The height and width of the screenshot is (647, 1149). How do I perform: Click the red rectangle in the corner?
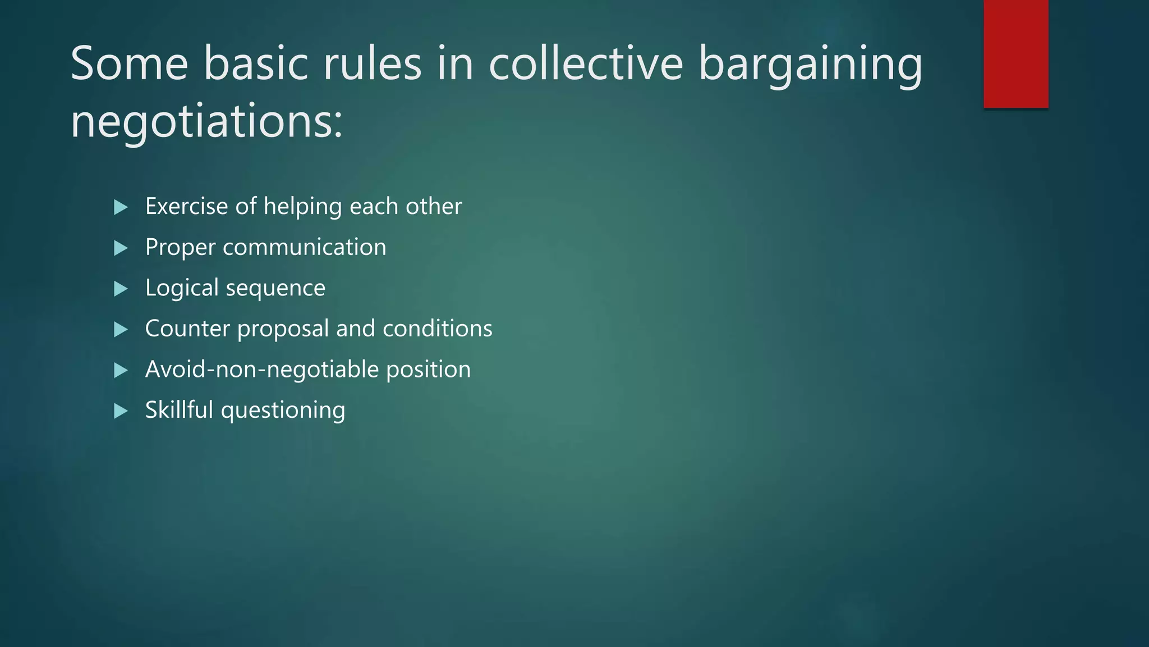(x=1015, y=54)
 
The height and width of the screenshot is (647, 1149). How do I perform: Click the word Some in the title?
(x=129, y=63)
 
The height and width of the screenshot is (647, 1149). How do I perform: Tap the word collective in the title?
(x=586, y=63)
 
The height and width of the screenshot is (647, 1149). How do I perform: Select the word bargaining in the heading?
(x=810, y=66)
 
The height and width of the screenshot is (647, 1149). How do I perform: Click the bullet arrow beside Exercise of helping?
(x=121, y=207)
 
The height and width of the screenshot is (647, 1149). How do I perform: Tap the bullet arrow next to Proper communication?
(x=121, y=248)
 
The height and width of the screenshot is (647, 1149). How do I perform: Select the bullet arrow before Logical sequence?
(x=121, y=289)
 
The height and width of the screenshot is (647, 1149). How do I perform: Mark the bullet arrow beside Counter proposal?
(x=121, y=330)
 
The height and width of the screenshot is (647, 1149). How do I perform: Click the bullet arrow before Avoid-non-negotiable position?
(x=121, y=370)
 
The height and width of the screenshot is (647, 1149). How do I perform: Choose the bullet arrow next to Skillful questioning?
(x=121, y=411)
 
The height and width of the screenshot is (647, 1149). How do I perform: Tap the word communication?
(x=305, y=247)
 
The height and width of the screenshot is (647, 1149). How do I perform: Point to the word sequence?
(x=275, y=289)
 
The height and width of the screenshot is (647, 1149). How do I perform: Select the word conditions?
(x=438, y=329)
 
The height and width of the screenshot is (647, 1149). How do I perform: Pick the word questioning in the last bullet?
(x=283, y=411)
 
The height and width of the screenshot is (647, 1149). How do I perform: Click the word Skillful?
(x=179, y=410)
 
